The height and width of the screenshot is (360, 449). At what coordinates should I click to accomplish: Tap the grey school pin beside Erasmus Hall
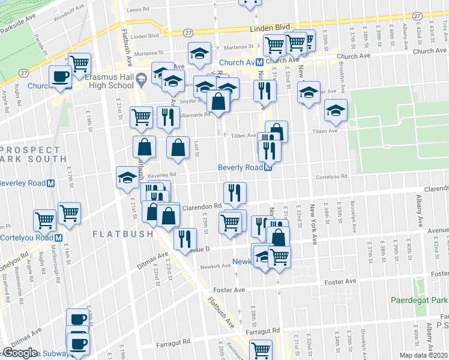(x=141, y=79)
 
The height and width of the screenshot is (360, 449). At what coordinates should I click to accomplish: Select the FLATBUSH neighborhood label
(x=122, y=233)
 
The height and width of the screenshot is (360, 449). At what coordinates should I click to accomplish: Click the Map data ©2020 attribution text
(x=424, y=355)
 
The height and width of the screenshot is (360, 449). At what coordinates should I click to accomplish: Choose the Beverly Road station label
(x=240, y=167)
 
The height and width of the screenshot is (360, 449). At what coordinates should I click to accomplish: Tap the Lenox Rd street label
(x=138, y=10)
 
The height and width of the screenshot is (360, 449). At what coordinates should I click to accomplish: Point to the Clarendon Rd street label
(x=202, y=207)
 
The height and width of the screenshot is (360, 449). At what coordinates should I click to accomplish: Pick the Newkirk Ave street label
(x=216, y=265)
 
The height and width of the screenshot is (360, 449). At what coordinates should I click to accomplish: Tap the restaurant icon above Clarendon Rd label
(x=235, y=192)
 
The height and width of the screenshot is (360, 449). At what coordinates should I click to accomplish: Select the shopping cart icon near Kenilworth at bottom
(x=261, y=349)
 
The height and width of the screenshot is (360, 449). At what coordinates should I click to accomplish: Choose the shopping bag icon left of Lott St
(x=145, y=146)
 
